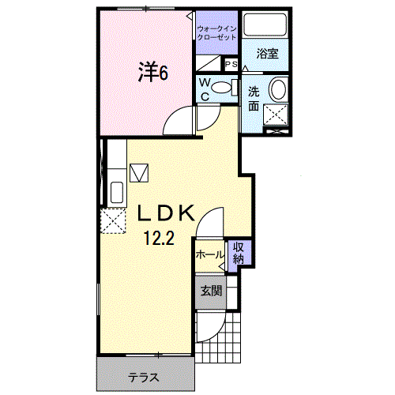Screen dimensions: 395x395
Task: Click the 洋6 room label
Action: pyautogui.click(x=153, y=72)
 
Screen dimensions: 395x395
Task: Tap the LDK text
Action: pyautogui.click(x=166, y=213)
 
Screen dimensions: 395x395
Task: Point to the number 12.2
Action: pyautogui.click(x=159, y=239)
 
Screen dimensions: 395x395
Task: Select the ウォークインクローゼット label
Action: pyautogui.click(x=216, y=32)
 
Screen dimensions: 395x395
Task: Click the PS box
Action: pyautogui.click(x=231, y=64)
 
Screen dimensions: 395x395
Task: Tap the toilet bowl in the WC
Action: pyautogui.click(x=220, y=88)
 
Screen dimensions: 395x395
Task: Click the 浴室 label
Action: pyautogui.click(x=267, y=54)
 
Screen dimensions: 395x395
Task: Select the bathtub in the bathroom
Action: pyautogui.click(x=265, y=24)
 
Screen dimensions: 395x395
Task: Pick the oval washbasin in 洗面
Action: pyautogui.click(x=278, y=89)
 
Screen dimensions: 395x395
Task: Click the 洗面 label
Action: pyautogui.click(x=254, y=99)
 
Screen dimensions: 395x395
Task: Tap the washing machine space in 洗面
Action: pyautogui.click(x=276, y=115)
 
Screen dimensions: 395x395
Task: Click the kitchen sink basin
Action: pyautogui.click(x=117, y=192)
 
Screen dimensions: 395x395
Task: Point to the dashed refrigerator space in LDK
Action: pyautogui.click(x=113, y=220)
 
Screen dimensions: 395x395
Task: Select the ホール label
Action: pyautogui.click(x=209, y=255)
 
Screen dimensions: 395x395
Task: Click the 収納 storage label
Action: pyautogui.click(x=239, y=254)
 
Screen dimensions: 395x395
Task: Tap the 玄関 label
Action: pyautogui.click(x=211, y=291)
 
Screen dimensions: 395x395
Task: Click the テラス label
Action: pyautogui.click(x=144, y=378)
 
